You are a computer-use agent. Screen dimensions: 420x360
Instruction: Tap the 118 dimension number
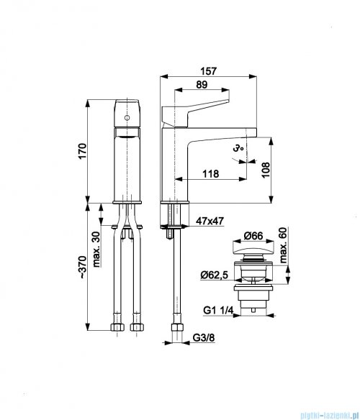click(212, 173)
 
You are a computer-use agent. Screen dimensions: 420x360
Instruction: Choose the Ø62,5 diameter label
click(214, 274)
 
